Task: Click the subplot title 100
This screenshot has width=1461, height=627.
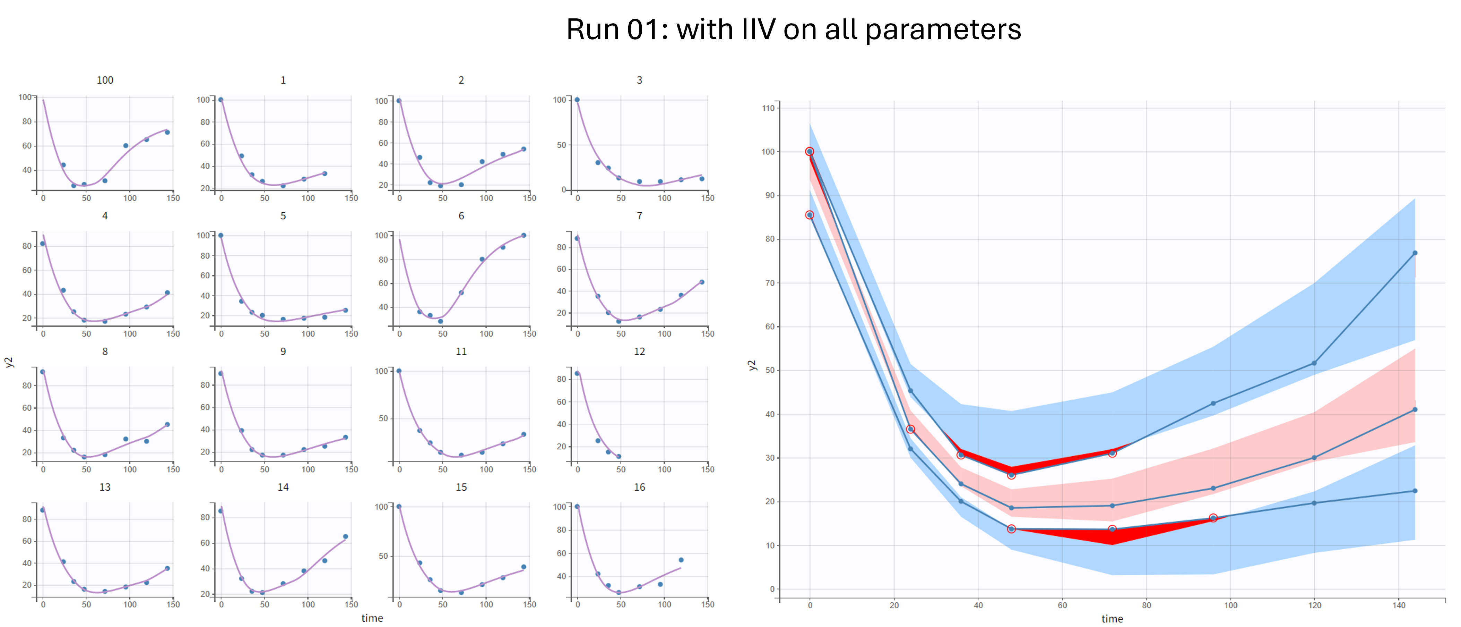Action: pos(105,80)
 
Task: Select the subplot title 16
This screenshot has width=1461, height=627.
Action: pos(639,487)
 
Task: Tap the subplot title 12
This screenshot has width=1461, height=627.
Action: pos(639,351)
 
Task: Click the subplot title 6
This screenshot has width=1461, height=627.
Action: pos(461,215)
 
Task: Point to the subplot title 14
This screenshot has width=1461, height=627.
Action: pos(283,487)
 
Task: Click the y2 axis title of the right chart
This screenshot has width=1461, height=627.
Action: pos(752,365)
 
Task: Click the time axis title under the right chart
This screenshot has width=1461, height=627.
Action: pos(1112,618)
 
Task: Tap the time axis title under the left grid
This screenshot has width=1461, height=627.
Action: pos(372,618)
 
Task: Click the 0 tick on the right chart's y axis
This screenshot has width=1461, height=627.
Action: pos(772,589)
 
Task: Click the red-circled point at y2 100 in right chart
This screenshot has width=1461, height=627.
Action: pos(809,152)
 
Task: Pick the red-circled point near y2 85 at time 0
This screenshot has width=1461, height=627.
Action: pos(809,215)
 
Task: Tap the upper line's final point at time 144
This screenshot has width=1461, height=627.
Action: pos(1415,253)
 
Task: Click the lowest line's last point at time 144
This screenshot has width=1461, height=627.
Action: pos(1415,491)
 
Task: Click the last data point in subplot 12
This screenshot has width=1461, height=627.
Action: pos(619,456)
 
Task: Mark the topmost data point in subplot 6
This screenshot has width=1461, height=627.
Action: pos(524,236)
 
